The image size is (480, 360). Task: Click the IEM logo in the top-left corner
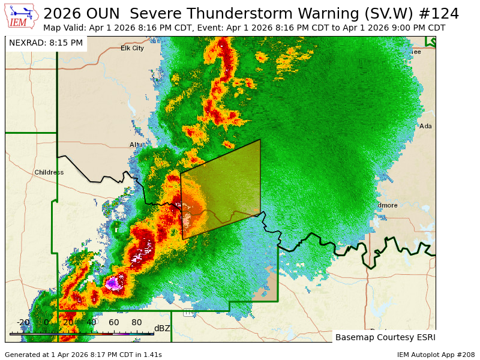22,16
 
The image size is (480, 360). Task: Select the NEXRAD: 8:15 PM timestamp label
46,43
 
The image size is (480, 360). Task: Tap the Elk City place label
132,48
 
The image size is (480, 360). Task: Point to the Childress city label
49,172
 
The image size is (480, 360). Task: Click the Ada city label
425,126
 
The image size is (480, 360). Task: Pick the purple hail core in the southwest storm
112,282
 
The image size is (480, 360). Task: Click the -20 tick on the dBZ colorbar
23,323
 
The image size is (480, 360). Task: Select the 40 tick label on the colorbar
91,323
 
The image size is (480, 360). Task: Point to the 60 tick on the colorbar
114,323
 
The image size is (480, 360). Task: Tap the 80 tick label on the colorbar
137,323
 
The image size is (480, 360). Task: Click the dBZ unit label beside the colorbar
162,328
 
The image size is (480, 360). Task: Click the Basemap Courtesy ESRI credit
385,337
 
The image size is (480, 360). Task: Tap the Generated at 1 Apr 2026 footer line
83,355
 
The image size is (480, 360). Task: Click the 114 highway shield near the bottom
188,313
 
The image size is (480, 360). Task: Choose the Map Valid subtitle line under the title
244,28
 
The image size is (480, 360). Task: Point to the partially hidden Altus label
136,145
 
